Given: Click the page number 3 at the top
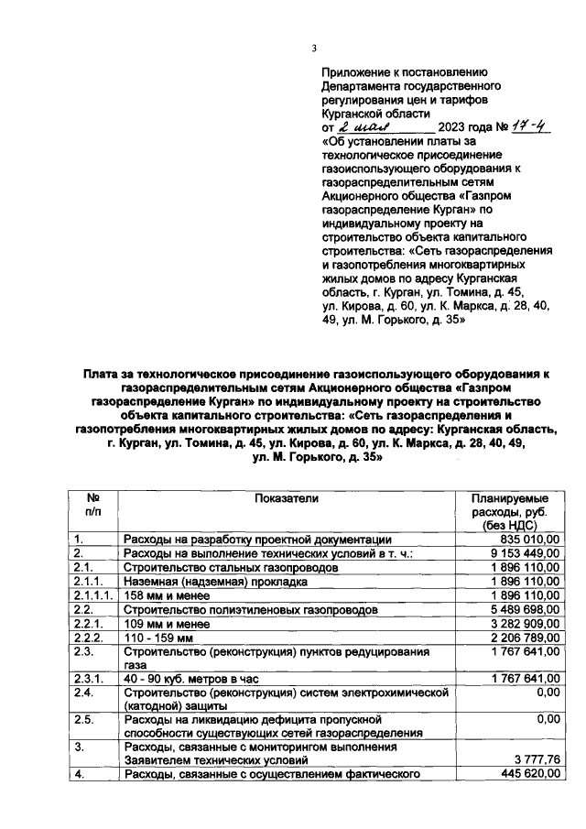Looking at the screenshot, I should tap(314, 49).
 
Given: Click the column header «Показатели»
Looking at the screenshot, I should tap(287, 498).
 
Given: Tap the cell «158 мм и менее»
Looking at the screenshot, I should tap(168, 595).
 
